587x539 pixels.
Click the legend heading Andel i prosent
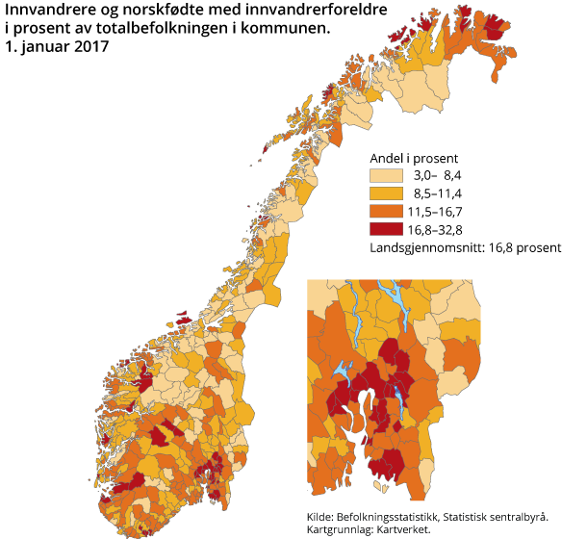pos(413,157)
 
